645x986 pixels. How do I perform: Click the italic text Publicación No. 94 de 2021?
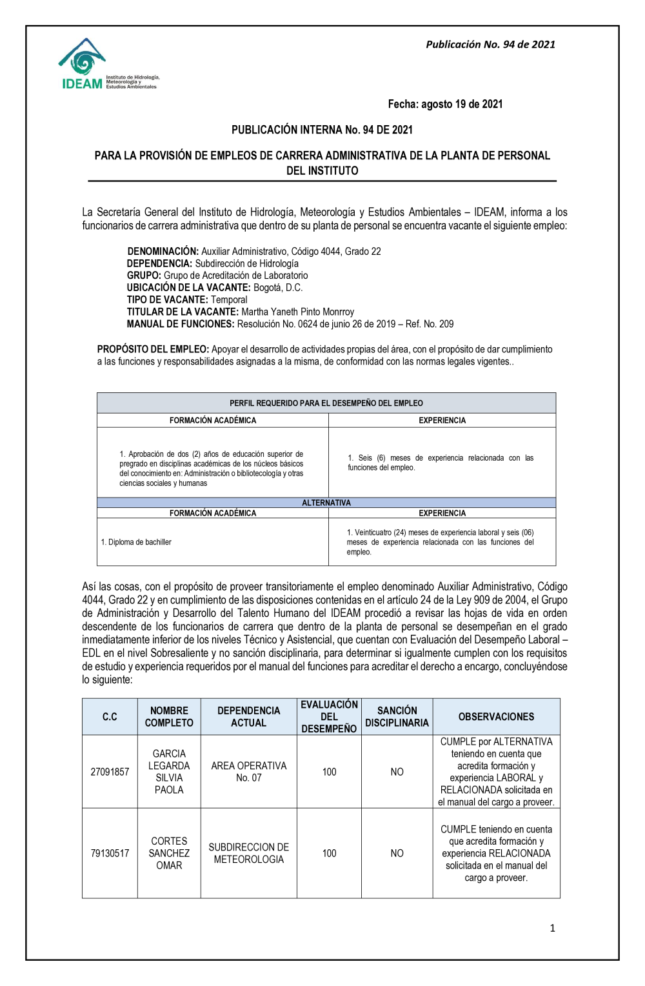click(x=490, y=45)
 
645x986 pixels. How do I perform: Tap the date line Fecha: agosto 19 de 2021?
click(x=445, y=104)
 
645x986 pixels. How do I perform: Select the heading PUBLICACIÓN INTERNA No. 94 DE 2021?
click(x=322, y=130)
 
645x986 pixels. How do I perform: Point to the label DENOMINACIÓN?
click(x=163, y=251)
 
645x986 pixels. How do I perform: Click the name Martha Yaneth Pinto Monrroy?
click(x=298, y=312)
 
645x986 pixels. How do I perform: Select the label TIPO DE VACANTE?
click(x=168, y=299)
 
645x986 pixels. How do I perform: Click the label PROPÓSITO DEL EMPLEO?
click(x=153, y=349)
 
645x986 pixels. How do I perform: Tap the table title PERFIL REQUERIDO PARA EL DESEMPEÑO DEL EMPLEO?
click(x=326, y=403)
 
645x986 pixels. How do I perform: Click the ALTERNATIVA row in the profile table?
click(x=326, y=503)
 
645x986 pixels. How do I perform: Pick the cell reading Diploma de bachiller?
click(x=137, y=542)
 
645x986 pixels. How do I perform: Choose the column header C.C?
click(x=110, y=717)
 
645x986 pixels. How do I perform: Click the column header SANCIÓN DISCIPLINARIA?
click(x=397, y=717)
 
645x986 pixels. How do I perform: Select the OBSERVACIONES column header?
click(x=496, y=717)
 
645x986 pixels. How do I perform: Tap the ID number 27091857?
click(x=110, y=772)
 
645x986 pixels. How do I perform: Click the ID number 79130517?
click(x=110, y=853)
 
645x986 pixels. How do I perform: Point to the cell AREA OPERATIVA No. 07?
click(x=249, y=772)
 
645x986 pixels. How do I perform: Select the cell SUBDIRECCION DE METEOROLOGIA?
click(x=249, y=853)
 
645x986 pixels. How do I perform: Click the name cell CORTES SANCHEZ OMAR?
click(x=169, y=853)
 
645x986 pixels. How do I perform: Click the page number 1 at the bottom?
click(x=552, y=928)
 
